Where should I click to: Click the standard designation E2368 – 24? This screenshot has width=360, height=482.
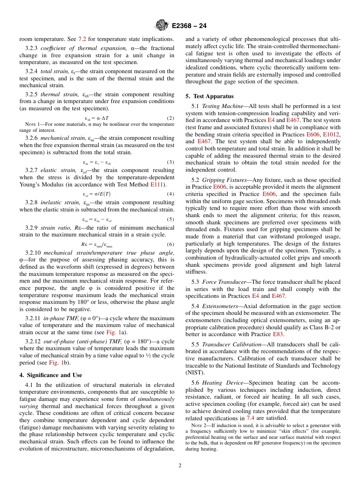click(189, 26)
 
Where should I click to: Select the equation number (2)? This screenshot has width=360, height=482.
click(171, 118)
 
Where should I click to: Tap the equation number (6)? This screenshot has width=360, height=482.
click(171, 244)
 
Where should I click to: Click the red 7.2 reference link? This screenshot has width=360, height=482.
click(82, 39)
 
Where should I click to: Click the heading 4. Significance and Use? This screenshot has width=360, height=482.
click(50, 375)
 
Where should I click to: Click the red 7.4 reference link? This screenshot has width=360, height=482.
click(250, 418)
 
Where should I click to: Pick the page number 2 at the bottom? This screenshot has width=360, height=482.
click(180, 466)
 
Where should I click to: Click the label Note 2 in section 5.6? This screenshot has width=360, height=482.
click(199, 425)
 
